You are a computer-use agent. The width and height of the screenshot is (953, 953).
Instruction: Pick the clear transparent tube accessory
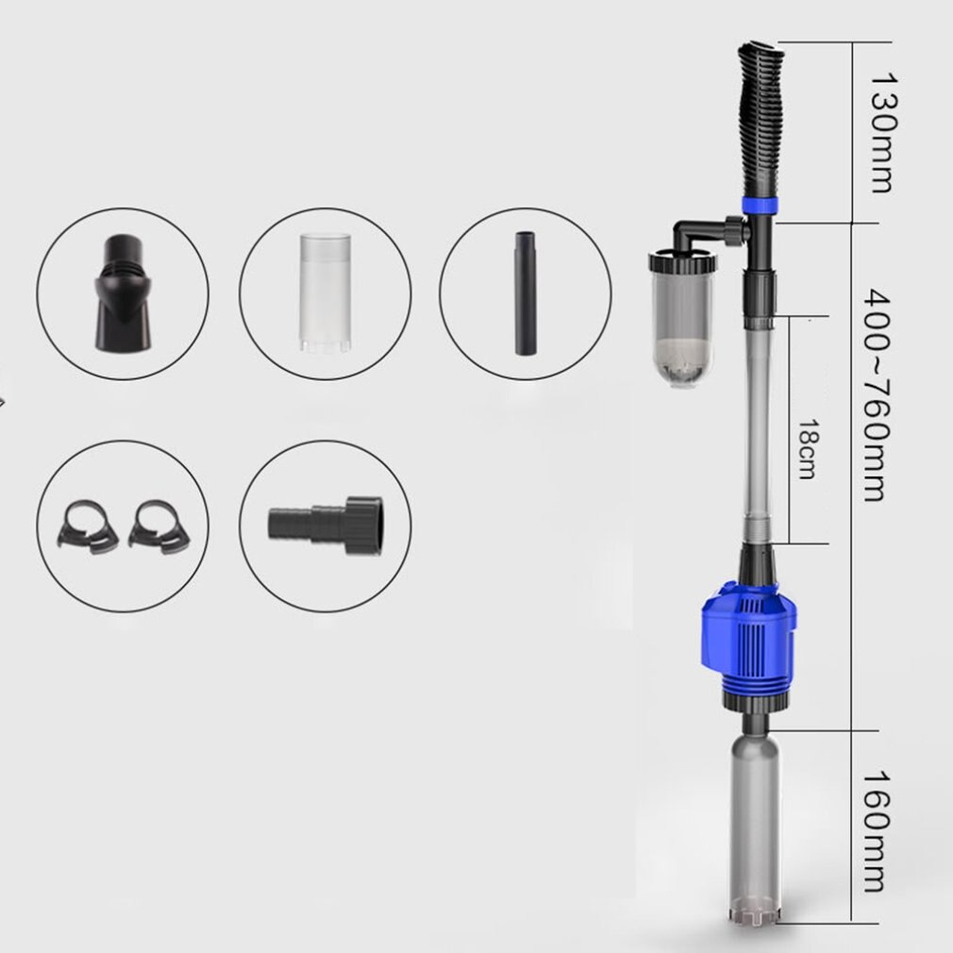pyautogui.click(x=324, y=293)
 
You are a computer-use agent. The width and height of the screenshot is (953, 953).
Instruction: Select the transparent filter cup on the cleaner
pyautogui.click(x=681, y=321)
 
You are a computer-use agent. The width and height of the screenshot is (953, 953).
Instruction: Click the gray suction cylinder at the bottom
pyautogui.click(x=756, y=821)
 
